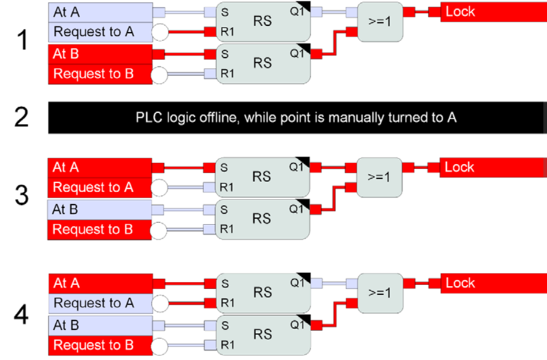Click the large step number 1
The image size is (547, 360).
22,40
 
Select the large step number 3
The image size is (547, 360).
22,195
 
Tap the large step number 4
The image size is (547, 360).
22,315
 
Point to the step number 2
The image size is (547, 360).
22,117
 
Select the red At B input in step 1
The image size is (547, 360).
100,54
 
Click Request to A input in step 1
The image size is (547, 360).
100,32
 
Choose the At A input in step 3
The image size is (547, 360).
100,168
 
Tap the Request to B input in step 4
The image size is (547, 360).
100,345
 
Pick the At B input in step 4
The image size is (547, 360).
100,326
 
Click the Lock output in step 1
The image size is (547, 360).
494,12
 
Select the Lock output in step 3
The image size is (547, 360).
493,168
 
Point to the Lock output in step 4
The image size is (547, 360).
494,283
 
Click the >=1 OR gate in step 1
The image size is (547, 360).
380,22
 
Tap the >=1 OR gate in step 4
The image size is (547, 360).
380,293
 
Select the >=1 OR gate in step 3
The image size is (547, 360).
379,177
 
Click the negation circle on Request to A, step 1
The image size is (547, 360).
160,32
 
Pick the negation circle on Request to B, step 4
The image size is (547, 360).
160,346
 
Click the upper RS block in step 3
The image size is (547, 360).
262,177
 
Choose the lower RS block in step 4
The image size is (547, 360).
263,335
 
